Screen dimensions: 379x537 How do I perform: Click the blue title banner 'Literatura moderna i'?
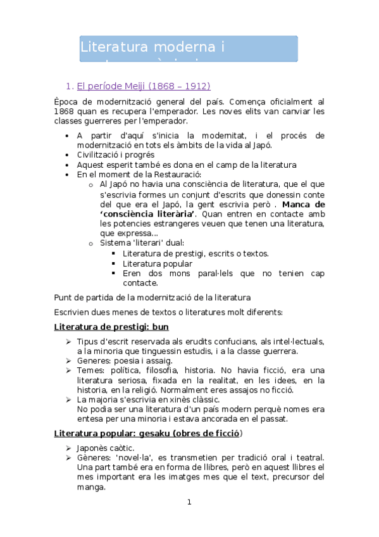coord(188,48)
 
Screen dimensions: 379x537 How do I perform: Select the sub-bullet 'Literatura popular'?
coord(158,263)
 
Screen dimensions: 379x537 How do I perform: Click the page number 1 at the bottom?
coord(189,503)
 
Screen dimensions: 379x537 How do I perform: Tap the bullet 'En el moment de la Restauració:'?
coord(139,174)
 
